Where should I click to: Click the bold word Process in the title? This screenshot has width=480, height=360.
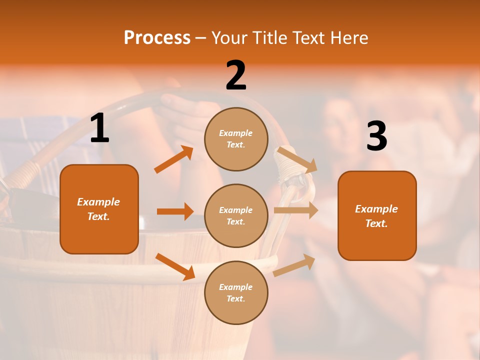[157, 37]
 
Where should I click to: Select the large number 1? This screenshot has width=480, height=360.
[99, 129]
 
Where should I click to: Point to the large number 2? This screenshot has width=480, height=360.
[236, 76]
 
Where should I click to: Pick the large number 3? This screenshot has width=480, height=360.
[376, 136]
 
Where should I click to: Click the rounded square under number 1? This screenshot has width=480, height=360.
[99, 209]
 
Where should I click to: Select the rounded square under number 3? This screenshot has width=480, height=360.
[377, 215]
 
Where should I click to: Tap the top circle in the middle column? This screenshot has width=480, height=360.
[236, 138]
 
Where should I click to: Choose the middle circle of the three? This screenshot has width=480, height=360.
[236, 215]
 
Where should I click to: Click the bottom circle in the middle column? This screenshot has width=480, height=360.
[236, 292]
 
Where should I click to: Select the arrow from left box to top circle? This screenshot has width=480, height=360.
[174, 159]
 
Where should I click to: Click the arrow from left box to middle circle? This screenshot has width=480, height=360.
[175, 211]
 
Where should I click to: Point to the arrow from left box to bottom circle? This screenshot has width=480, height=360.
[175, 266]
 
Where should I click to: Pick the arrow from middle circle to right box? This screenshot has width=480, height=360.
[295, 210]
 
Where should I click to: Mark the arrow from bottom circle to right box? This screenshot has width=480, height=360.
[294, 265]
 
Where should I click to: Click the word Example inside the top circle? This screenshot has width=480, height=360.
[236, 133]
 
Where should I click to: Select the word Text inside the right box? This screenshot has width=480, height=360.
[375, 223]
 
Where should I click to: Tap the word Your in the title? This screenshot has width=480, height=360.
[230, 37]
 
